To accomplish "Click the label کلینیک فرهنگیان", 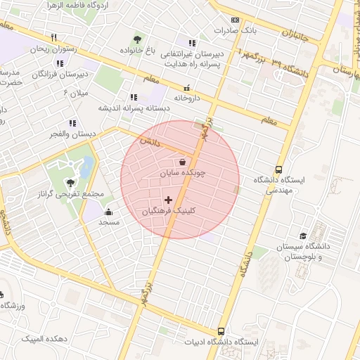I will coord(168,211).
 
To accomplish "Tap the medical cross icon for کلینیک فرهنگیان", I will coord(168,200).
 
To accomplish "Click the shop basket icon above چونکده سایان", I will coord(182,162).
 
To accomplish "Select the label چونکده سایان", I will coord(182,172).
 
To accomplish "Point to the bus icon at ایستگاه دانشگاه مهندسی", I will coord(279,169).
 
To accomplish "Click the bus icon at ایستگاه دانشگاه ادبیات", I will coord(221,331).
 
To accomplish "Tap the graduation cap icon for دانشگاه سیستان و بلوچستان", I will coord(303,236).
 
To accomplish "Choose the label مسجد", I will coord(108,222).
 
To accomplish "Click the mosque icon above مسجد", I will coord(108,212).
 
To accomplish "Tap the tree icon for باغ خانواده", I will coord(137,39).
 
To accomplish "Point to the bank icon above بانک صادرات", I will coord(235,20).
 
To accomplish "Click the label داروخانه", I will coord(186,98).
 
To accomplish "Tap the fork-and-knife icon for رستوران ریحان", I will coord(53,38).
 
